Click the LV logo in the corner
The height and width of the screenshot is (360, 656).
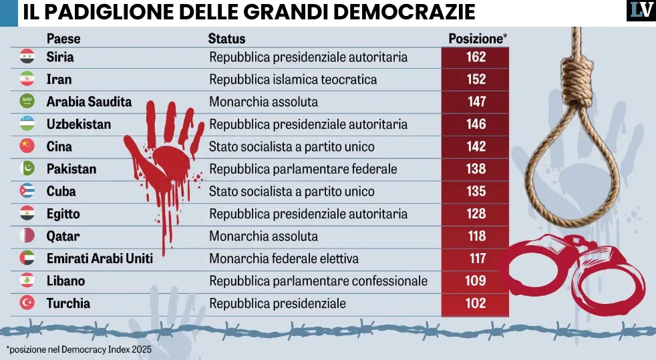point(640,11)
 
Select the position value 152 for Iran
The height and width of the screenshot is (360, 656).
point(476,79)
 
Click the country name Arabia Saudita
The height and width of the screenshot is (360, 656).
point(89,102)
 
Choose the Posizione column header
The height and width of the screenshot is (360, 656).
point(477,39)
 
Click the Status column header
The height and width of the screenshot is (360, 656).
point(226,39)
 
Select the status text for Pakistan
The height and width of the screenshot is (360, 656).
point(303,169)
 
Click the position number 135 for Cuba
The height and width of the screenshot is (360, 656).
point(476,192)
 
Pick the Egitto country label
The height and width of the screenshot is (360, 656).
point(63,214)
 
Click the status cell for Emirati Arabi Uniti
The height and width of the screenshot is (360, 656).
point(284,258)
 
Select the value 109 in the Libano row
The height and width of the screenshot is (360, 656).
point(476,281)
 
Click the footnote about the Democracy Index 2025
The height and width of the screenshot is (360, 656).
point(79,349)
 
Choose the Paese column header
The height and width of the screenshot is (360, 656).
point(63,39)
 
